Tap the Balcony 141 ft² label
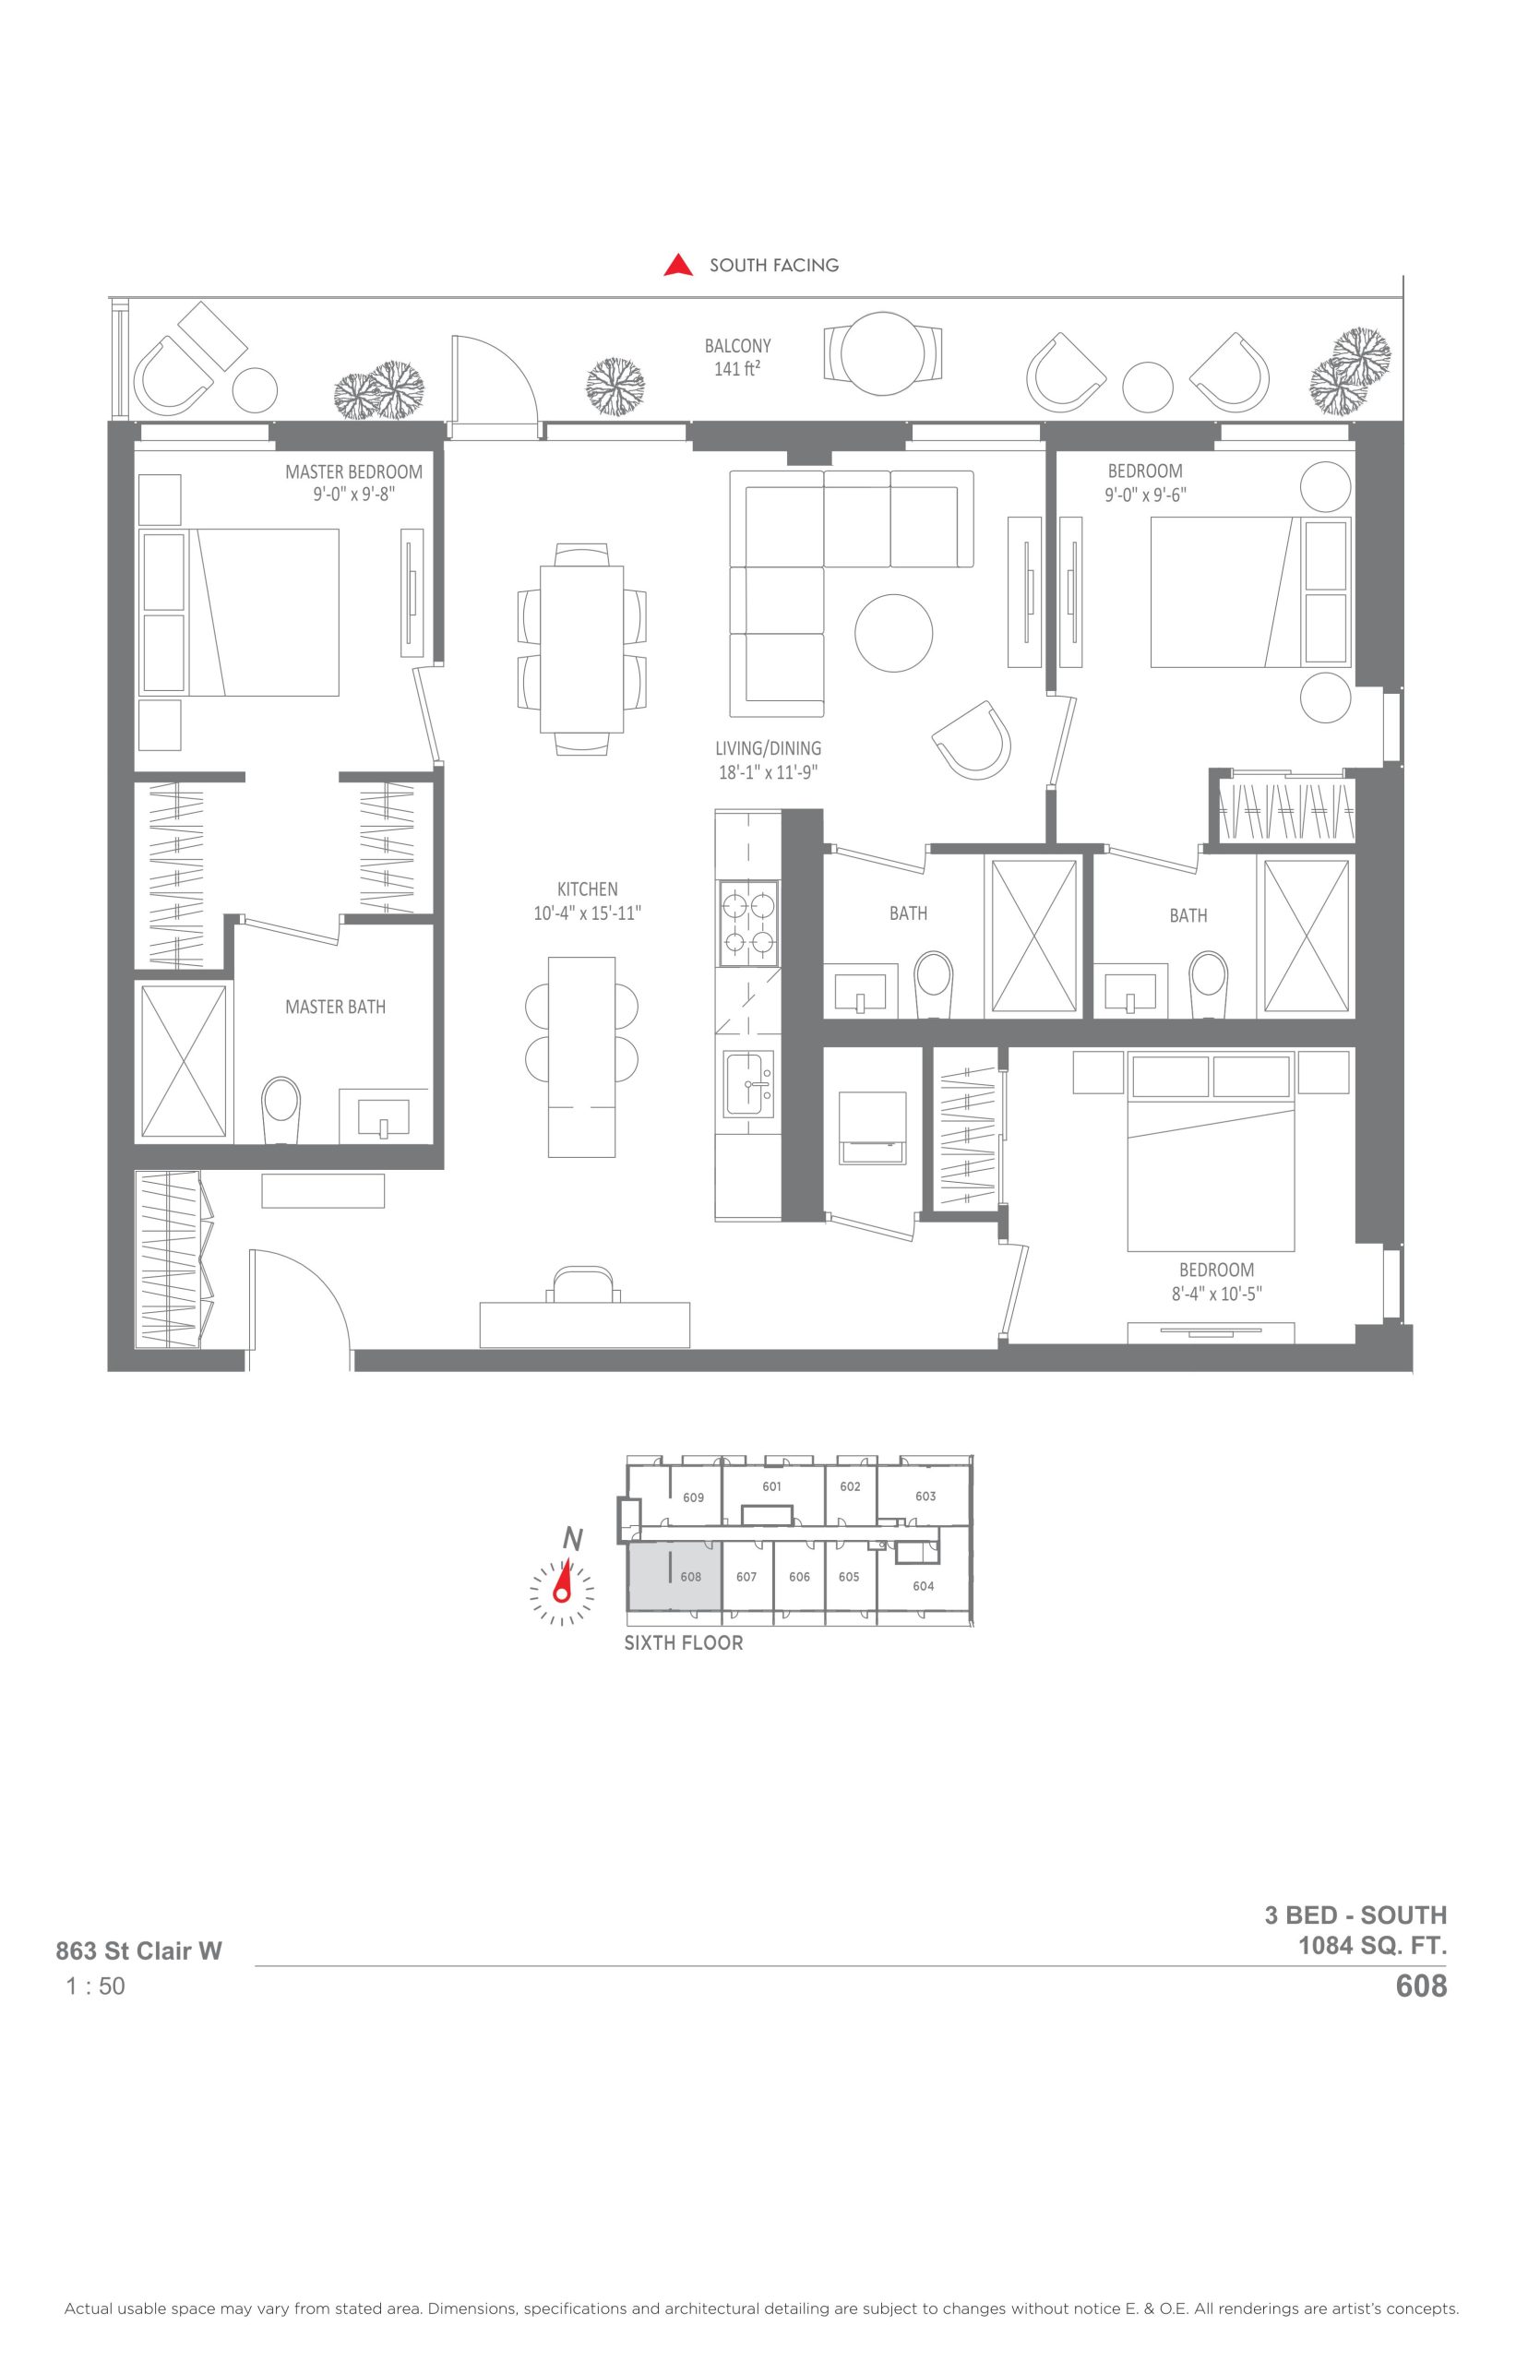[737, 358]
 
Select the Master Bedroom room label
[353, 472]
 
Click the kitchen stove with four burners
[748, 924]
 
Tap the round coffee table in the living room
[894, 633]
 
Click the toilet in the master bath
[281, 1110]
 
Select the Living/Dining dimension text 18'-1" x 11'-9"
[768, 773]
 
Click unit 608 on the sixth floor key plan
[674, 1578]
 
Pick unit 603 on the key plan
[925, 1496]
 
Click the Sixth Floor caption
[684, 1642]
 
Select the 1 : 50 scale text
[95, 1986]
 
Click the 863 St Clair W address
[139, 1951]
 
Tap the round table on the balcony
[883, 354]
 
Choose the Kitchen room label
[588, 889]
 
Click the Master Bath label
[335, 1007]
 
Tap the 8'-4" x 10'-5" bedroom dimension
[1216, 1294]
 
